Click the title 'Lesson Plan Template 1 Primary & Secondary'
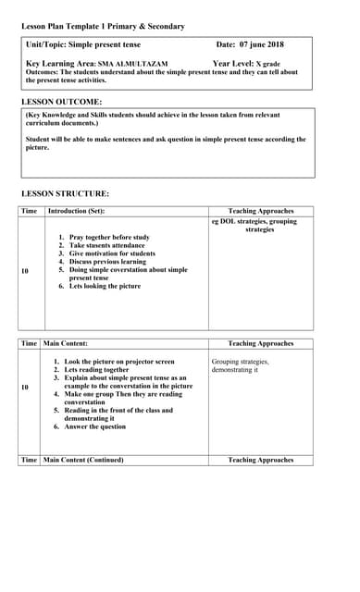[103, 27]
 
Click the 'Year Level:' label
[233, 64]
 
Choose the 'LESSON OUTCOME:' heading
[62, 101]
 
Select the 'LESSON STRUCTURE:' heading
[65, 193]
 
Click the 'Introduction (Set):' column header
[76, 212]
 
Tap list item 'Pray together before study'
[109, 237]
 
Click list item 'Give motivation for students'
[112, 253]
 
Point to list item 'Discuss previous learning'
[107, 262]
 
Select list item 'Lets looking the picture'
[105, 286]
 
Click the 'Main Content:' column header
[67, 343]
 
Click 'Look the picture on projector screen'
[118, 361]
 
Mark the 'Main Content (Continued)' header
[84, 460]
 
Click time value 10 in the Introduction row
[25, 271]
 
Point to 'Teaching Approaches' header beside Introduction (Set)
[260, 212]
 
